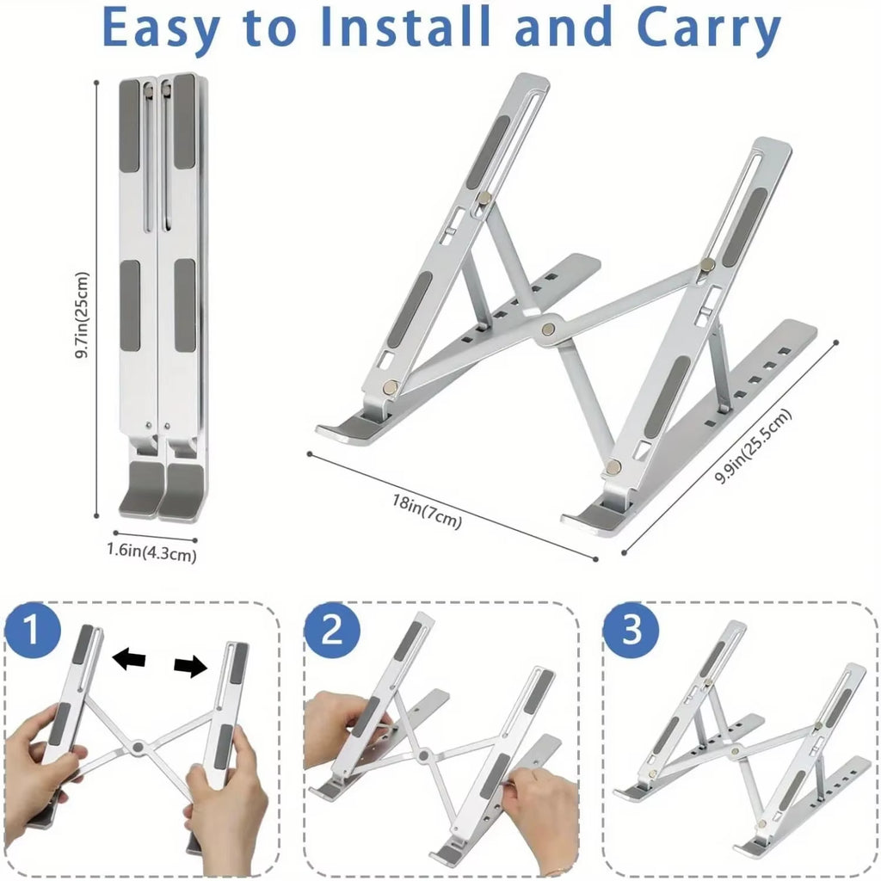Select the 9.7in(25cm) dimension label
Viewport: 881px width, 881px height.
click(x=82, y=316)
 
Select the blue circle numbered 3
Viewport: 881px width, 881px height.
click(x=631, y=631)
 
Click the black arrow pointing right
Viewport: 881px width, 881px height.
click(x=190, y=665)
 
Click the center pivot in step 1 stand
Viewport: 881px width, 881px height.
click(x=137, y=747)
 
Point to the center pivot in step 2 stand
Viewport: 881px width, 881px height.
click(x=422, y=757)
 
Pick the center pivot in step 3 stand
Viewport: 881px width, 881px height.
click(x=735, y=751)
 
